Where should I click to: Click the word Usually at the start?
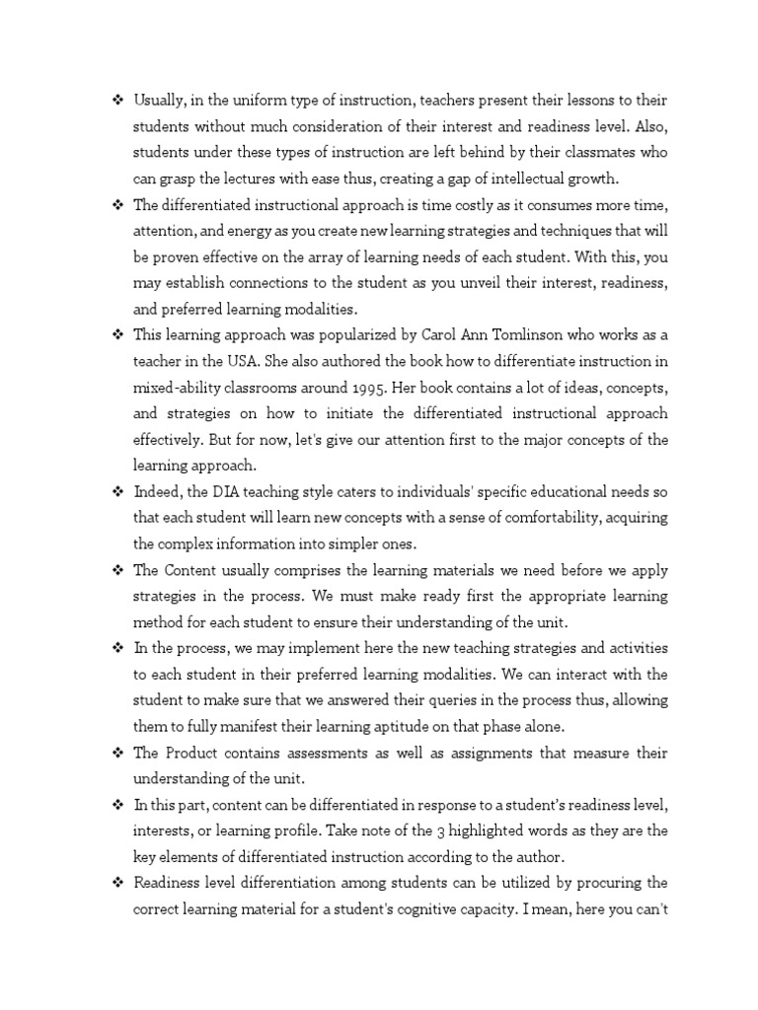click(162, 100)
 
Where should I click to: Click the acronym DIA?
click(229, 490)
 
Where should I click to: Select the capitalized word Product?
click(192, 753)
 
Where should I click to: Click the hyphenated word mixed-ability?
click(184, 386)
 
